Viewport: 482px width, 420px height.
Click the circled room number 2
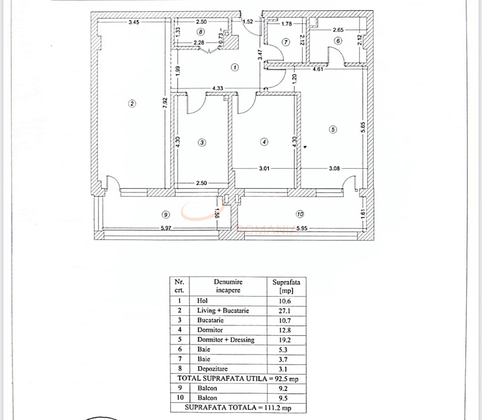(x=132, y=104)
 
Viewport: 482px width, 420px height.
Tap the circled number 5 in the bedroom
(x=333, y=130)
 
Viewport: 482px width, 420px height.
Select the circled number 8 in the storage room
(x=201, y=32)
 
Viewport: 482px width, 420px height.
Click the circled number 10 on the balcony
(x=300, y=214)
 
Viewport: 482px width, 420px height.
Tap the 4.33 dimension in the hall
(x=217, y=88)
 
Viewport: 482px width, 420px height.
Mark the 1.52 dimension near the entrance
(x=248, y=22)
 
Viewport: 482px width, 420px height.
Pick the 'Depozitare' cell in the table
(x=210, y=369)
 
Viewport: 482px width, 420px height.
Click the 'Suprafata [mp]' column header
(x=286, y=286)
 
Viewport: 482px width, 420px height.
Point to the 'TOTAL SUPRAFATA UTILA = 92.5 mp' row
(x=238, y=378)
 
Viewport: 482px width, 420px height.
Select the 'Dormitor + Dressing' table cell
(x=225, y=340)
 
